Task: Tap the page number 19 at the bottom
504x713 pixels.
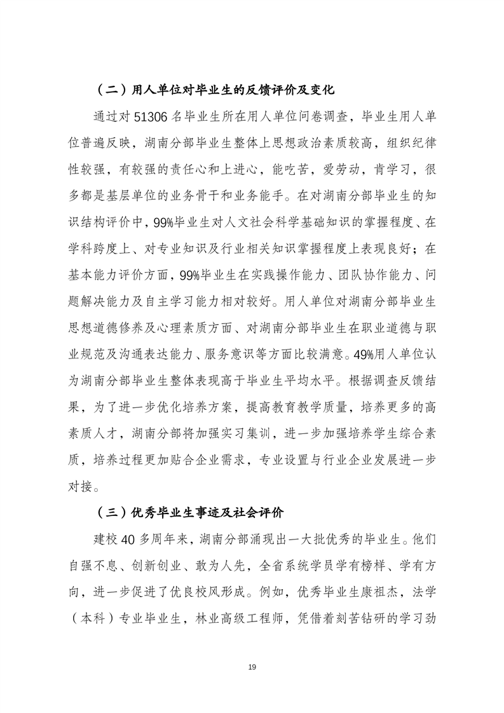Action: [x=252, y=667]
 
